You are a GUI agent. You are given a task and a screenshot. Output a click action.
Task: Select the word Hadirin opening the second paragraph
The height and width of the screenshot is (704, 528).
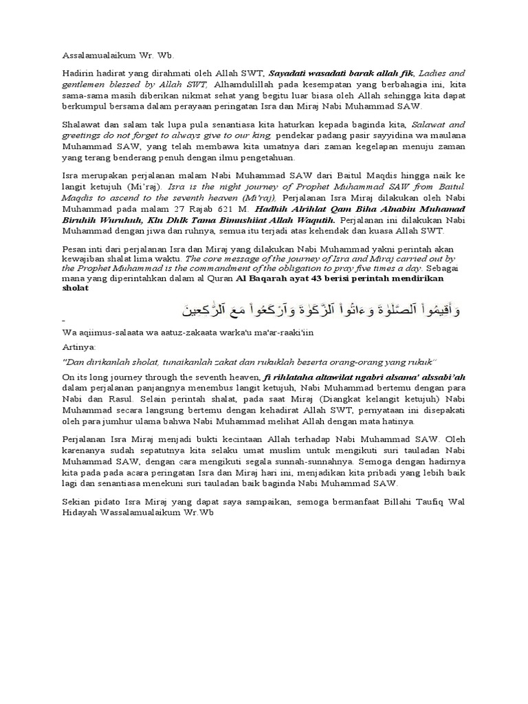pyautogui.click(x=78, y=71)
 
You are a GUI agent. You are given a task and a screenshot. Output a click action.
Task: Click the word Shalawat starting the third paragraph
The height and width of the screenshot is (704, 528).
pyautogui.click(x=82, y=125)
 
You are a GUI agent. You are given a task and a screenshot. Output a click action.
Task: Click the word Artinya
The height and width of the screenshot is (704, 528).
pyautogui.click(x=80, y=346)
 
